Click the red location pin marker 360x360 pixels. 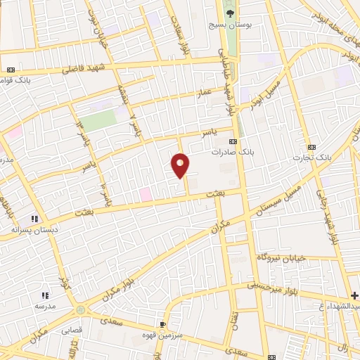tap(180, 165)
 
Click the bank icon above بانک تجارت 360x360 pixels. tap(311, 147)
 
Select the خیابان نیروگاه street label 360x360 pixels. tap(284, 258)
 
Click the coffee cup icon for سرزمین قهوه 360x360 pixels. tap(162, 324)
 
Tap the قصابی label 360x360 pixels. tap(72, 328)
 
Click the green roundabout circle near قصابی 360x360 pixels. tap(82, 309)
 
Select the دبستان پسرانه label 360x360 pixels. tap(33, 229)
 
